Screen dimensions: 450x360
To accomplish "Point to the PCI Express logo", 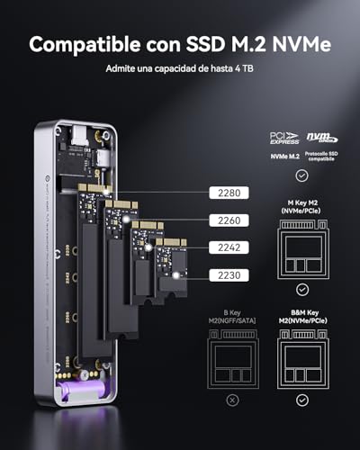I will [x=285, y=138].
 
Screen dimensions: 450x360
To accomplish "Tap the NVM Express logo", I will [x=319, y=138].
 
